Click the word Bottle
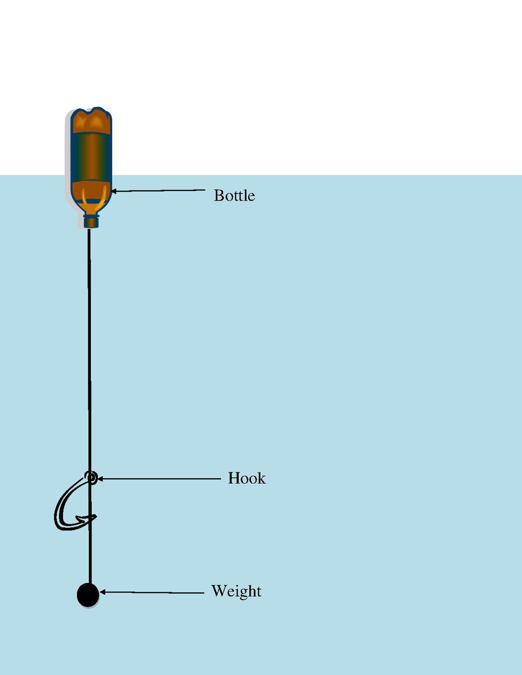click(234, 196)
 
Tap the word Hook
click(247, 478)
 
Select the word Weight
click(236, 591)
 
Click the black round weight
click(88, 595)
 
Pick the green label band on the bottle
click(91, 157)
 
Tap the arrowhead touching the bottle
click(114, 191)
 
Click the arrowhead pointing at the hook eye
click(100, 479)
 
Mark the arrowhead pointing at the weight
click(103, 592)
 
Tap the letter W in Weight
click(219, 590)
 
